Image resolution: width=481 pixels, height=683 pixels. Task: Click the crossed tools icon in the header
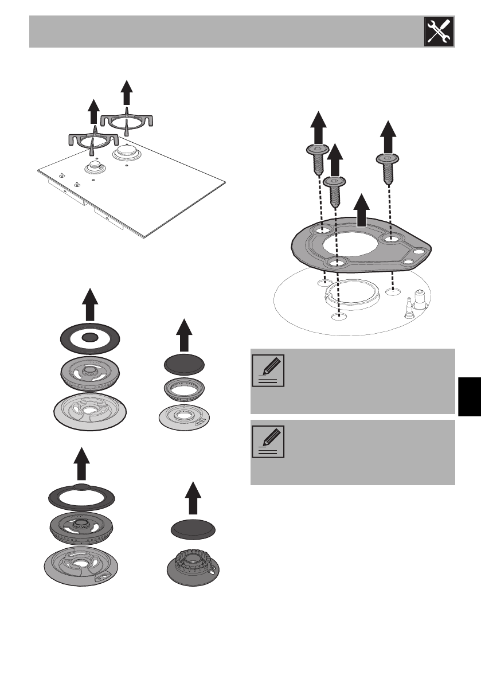pos(439,32)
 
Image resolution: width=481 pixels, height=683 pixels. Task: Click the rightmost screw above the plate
pos(388,165)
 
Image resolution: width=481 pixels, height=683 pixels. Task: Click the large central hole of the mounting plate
pos(351,245)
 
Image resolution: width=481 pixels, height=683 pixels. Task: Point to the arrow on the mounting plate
pos(360,210)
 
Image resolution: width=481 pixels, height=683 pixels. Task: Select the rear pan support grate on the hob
pos(128,122)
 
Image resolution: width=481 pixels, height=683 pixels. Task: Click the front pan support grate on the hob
pos(94,139)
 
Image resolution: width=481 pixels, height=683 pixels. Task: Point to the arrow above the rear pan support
pos(127,92)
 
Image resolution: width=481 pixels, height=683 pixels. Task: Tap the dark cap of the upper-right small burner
pos(184,364)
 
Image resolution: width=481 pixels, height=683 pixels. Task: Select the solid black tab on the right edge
pos(468,396)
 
